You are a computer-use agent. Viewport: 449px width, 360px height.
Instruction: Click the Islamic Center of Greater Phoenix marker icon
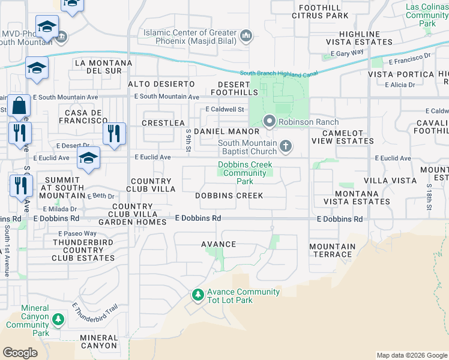pyautogui.click(x=246, y=37)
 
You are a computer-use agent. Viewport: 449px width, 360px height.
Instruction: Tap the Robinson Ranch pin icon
pyautogui.click(x=270, y=122)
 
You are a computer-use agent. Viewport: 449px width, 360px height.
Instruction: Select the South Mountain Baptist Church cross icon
pyautogui.click(x=286, y=145)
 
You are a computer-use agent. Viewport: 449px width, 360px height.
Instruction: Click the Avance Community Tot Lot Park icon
pyautogui.click(x=197, y=295)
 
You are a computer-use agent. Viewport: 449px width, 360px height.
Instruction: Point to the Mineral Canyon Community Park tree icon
pyautogui.click(x=58, y=319)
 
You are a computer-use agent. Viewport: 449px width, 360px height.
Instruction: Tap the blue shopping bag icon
pyautogui.click(x=19, y=106)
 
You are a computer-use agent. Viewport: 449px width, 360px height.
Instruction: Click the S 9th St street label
pyautogui.click(x=188, y=140)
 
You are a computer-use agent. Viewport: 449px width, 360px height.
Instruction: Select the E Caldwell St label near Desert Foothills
pyautogui.click(x=225, y=110)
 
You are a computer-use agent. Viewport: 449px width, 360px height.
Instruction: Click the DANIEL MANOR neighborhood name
pyautogui.click(x=231, y=131)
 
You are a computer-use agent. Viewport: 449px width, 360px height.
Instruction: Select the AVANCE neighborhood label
pyautogui.click(x=218, y=245)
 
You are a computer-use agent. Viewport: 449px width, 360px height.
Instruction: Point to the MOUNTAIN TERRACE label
pyautogui.click(x=332, y=250)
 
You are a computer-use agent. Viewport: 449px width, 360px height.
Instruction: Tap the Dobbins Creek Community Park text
pyautogui.click(x=245, y=173)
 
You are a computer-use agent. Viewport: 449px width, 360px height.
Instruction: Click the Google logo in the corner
pyautogui.click(x=20, y=352)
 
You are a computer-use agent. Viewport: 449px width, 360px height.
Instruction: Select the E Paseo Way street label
pyautogui.click(x=77, y=233)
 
